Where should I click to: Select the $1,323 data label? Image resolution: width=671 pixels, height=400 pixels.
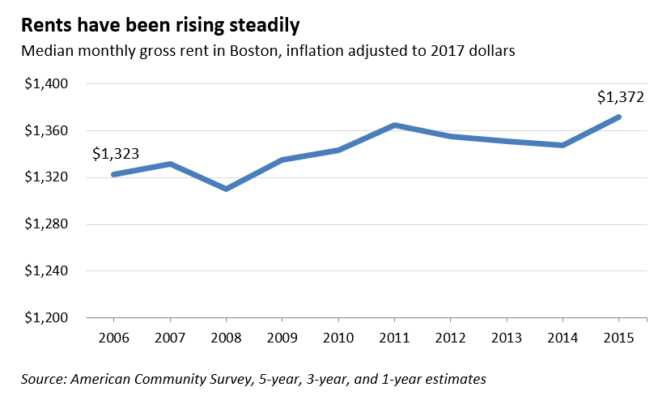(x=115, y=153)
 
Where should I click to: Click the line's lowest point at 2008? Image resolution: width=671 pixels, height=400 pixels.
(x=226, y=189)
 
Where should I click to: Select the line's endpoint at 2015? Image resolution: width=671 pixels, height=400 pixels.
(x=619, y=117)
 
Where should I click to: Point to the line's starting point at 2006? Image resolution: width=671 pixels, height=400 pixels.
(x=113, y=174)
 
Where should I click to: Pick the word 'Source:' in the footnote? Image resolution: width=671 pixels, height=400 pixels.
(x=45, y=378)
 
